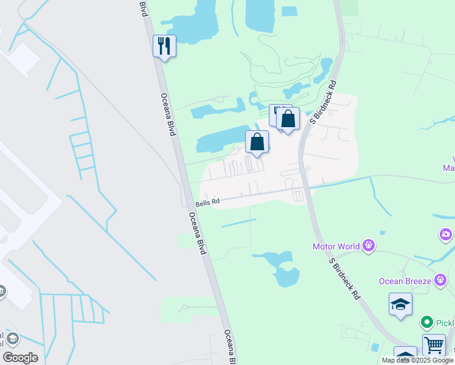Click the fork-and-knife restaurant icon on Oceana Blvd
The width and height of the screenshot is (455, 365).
pyautogui.click(x=164, y=46)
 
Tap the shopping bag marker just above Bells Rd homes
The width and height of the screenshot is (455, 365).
pyautogui.click(x=257, y=142)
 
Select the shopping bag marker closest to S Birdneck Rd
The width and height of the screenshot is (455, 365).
pyautogui.click(x=288, y=119)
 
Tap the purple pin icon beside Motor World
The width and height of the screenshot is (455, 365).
pyautogui.click(x=368, y=246)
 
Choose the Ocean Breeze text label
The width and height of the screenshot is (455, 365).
pyautogui.click(x=405, y=280)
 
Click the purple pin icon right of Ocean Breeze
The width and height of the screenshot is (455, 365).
pyautogui.click(x=441, y=280)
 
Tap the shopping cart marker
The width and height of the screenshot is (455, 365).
pyautogui.click(x=434, y=345)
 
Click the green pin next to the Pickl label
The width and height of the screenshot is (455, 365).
pyautogui.click(x=427, y=322)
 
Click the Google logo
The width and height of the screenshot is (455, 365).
pyautogui.click(x=20, y=358)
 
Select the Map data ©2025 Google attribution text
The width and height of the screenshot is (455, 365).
pyautogui.click(x=417, y=360)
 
